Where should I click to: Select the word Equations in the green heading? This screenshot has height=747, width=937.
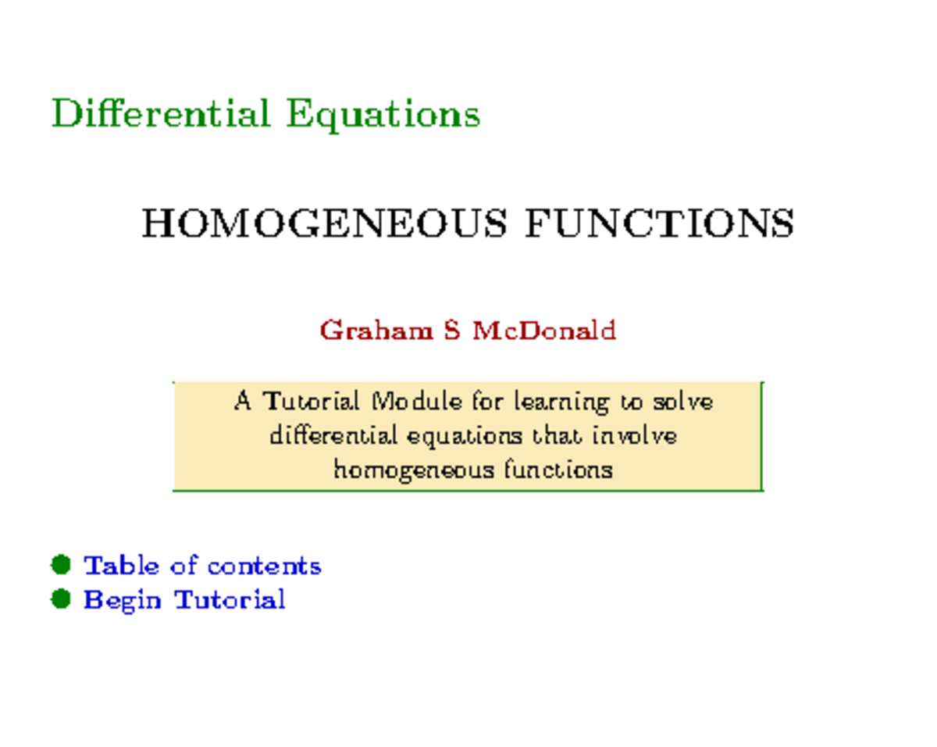click(383, 115)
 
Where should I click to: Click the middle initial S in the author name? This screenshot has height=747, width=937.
click(451, 331)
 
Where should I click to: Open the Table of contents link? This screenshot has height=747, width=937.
click(202, 565)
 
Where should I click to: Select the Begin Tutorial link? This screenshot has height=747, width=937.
click(184, 600)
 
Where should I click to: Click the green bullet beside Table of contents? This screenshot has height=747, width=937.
click(61, 564)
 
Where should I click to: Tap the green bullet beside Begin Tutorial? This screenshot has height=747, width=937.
click(61, 599)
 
